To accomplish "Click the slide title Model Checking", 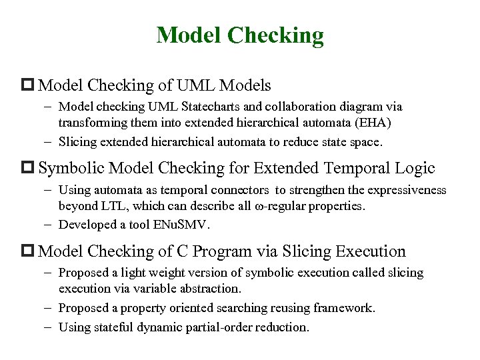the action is (x=240, y=35).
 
